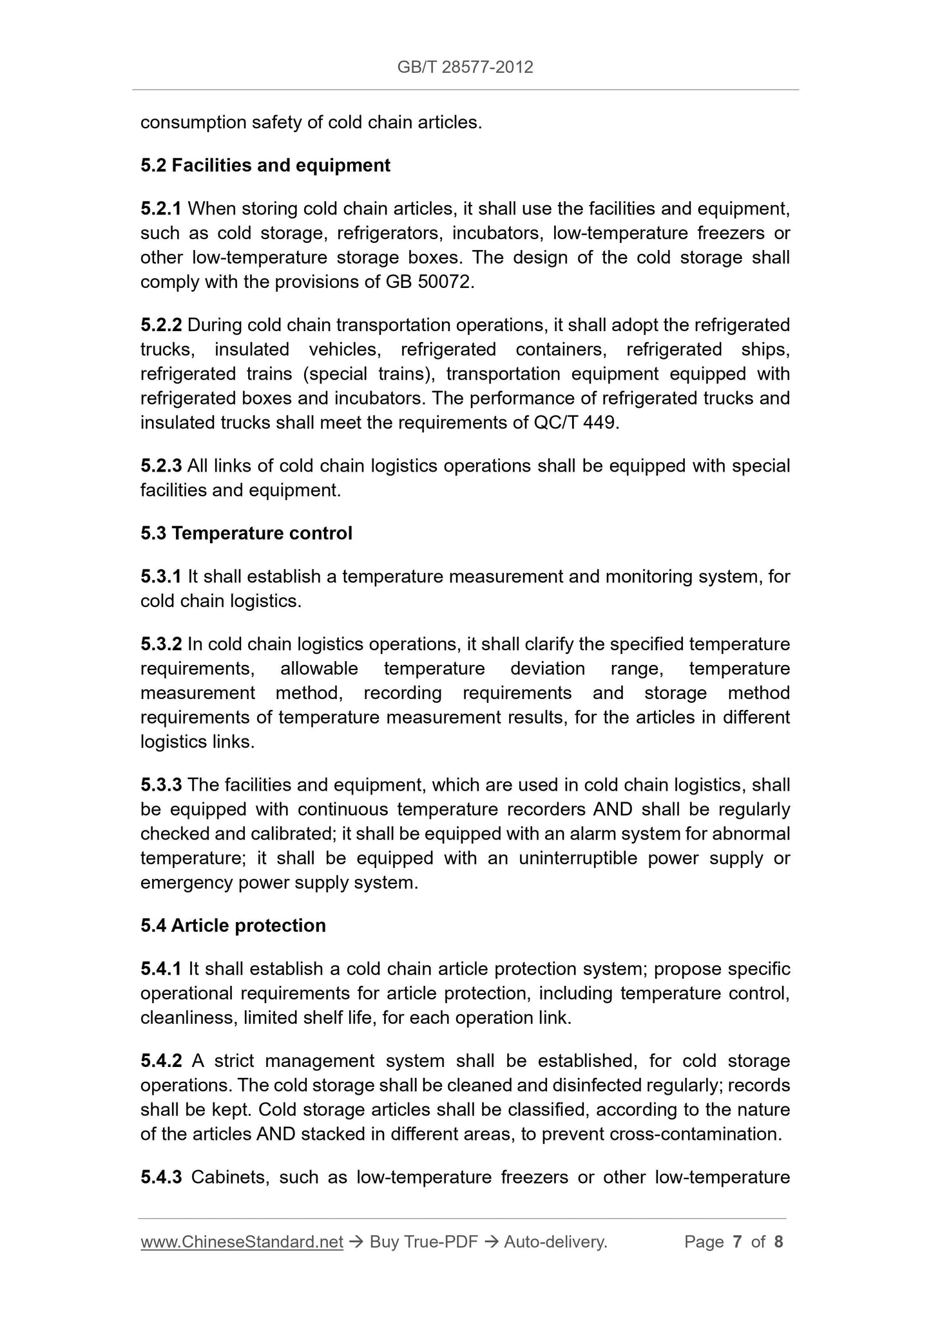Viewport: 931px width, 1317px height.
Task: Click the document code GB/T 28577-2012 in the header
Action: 465,68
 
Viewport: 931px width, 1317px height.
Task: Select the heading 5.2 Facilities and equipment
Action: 265,166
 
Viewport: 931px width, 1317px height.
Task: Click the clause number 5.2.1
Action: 160,209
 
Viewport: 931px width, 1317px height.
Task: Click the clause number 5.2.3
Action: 160,466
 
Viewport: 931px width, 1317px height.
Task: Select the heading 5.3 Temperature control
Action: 246,534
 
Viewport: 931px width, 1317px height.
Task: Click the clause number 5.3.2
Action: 160,644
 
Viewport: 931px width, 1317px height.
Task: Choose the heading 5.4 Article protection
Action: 233,926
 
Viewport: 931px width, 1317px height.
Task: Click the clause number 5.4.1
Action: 160,969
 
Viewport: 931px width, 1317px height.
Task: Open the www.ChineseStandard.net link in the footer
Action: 242,1242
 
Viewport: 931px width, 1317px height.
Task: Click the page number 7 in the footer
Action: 738,1242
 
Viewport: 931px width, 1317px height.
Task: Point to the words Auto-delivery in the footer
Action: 555,1242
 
